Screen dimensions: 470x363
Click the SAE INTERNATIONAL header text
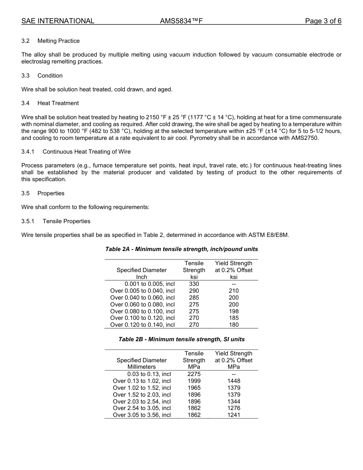tap(58, 21)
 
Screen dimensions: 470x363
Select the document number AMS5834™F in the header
tap(181, 21)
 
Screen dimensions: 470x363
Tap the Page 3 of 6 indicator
tap(323, 21)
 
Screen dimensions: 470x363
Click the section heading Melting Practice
tap(58, 41)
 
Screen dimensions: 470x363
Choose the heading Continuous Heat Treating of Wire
tap(86, 152)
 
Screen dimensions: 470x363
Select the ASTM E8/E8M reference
tap(266, 235)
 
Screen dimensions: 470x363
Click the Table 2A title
tap(181, 249)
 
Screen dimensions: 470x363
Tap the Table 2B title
tap(181, 339)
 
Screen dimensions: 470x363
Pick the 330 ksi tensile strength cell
tap(194, 284)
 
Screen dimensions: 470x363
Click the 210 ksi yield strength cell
tap(233, 291)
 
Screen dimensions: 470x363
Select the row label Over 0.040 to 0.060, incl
tap(142, 298)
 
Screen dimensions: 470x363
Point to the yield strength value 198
tap(233, 311)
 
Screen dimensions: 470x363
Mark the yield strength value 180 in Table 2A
tap(233, 325)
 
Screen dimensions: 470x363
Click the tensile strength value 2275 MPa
tap(194, 374)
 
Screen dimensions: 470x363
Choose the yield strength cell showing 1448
tap(233, 381)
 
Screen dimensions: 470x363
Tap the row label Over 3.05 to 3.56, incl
tap(142, 415)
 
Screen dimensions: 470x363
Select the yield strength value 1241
tap(233, 415)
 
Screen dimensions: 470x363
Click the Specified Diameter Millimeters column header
tap(142, 363)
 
